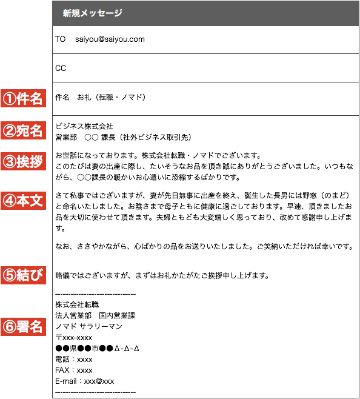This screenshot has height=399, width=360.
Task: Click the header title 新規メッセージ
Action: pos(93,13)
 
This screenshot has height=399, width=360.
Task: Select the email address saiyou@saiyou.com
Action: pos(110,39)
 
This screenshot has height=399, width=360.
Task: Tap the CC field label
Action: pos(61,68)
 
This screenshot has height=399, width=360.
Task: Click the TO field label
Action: pos(60,39)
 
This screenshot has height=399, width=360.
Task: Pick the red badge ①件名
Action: pos(23,98)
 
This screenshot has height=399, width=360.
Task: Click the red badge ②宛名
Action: pos(23,130)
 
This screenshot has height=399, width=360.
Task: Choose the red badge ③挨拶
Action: pos(23,161)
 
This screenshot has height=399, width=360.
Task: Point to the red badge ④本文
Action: pos(23,201)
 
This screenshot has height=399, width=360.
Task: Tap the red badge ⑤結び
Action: pos(23,275)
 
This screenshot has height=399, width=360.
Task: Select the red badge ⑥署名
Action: pos(23,327)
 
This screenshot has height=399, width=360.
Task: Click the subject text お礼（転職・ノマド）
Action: pos(112,97)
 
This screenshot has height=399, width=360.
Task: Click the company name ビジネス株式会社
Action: pos(84,126)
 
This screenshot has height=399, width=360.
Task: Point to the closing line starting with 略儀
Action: pos(162,275)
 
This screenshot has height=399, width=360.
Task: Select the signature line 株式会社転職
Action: pos(77,304)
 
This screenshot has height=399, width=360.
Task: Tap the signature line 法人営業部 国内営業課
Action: pos(95,315)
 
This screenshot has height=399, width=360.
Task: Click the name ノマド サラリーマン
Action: pos(89,326)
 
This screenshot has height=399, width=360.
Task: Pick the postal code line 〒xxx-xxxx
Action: pos(74,338)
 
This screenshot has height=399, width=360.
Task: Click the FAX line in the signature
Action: pos(74,370)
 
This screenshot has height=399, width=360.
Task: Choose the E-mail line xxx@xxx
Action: pos(85,381)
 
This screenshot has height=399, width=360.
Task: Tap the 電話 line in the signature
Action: pos(74,360)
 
